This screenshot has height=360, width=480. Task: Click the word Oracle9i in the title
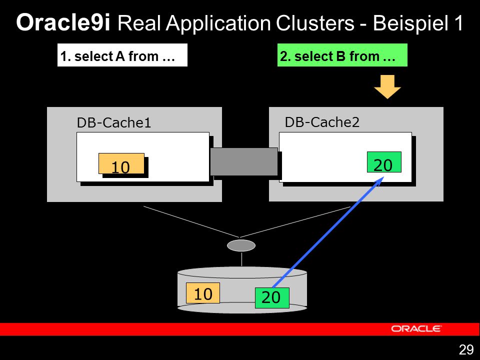tap(63, 22)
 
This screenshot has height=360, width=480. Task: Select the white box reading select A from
tap(122, 55)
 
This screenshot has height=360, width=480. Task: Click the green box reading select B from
tap(342, 55)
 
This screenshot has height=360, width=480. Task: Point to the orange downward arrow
tap(387, 86)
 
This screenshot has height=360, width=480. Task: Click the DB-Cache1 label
tap(114, 123)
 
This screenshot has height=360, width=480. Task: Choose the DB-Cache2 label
tap(322, 122)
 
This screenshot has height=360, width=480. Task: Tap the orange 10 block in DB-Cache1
tap(121, 163)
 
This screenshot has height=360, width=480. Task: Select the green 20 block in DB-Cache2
tap(384, 162)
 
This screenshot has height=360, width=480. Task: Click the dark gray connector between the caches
tap(244, 161)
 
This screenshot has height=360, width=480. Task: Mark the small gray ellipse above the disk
tap(241, 245)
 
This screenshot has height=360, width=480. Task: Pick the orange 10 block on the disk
tap(203, 293)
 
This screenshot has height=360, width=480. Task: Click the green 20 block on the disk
tap(272, 298)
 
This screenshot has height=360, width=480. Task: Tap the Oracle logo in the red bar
tap(416, 329)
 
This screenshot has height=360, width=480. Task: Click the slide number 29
tap(466, 349)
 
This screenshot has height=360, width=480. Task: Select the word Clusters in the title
tap(315, 23)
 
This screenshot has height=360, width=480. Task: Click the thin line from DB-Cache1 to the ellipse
tap(191, 221)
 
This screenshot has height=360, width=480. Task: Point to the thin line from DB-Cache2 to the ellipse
tap(295, 222)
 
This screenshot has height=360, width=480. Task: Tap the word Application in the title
tap(218, 23)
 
